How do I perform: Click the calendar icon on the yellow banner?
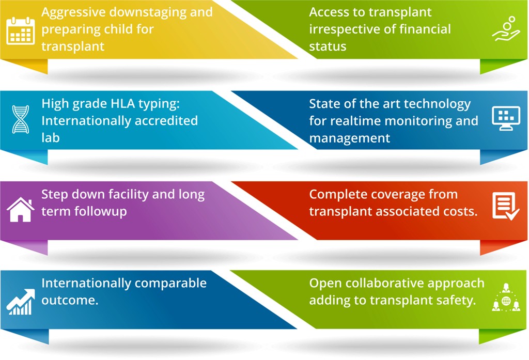click(21, 30)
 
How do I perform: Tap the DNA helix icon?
click(21, 119)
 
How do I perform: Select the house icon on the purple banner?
click(21, 210)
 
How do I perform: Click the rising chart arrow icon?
click(21, 301)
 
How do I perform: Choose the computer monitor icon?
click(506, 119)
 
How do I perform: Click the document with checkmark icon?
click(505, 206)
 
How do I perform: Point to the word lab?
click(51, 138)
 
